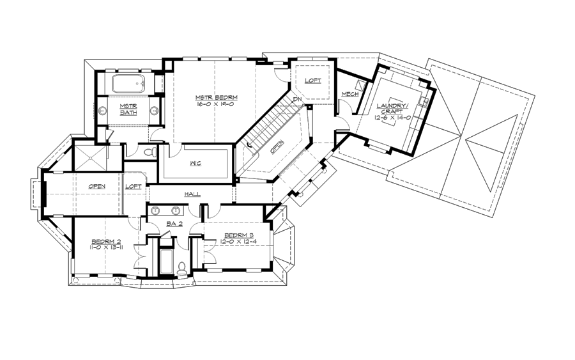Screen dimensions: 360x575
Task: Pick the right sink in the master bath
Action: point(154,110)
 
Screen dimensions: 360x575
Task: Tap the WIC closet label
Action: point(195,164)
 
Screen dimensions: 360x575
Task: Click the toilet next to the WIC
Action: point(150,153)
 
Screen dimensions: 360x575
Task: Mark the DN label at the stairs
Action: point(297,100)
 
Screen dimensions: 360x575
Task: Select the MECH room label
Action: point(349,95)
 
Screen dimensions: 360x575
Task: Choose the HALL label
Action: point(192,194)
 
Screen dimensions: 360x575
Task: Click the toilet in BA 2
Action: point(181,268)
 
